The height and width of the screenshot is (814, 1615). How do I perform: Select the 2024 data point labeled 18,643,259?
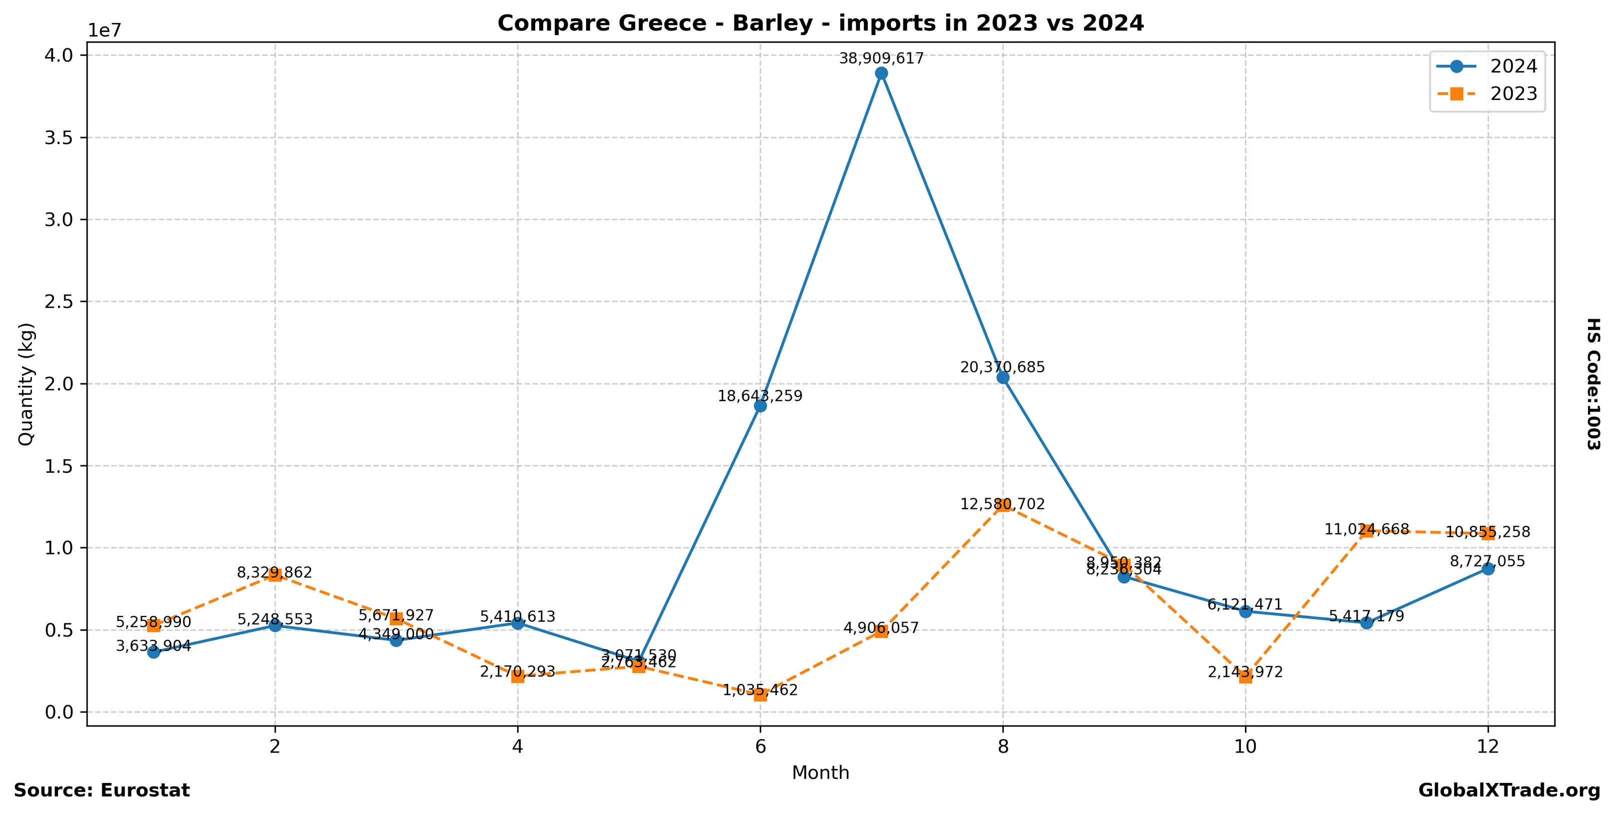(x=760, y=406)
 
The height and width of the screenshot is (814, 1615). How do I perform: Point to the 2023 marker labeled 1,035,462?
(x=760, y=695)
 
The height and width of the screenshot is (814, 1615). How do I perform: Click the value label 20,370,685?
(x=1002, y=368)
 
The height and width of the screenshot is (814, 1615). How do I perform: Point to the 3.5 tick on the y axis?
(x=59, y=138)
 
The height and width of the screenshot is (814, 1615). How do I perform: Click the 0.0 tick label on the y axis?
(x=59, y=712)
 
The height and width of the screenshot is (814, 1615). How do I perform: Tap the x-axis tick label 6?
(x=760, y=746)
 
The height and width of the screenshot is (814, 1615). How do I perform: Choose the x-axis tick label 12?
(x=1488, y=746)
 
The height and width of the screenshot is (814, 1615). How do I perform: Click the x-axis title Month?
(x=820, y=772)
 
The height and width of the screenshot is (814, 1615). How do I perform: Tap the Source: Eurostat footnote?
(x=102, y=790)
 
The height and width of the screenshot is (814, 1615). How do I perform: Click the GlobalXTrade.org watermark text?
(x=1509, y=790)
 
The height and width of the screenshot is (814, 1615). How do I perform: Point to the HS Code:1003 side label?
(x=1593, y=384)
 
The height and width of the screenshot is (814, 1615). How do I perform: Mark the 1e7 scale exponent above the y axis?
(x=104, y=30)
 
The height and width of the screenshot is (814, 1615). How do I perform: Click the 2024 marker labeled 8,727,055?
(x=1488, y=569)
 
